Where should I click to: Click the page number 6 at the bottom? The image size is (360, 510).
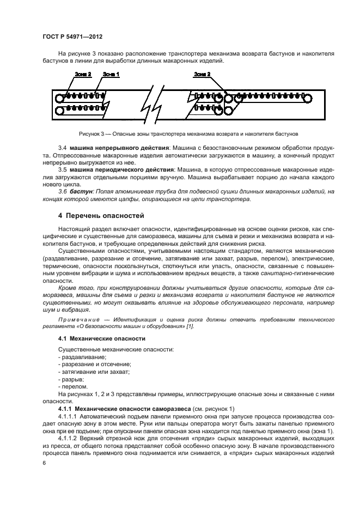(44, 462)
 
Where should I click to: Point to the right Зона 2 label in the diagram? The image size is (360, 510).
(202, 74)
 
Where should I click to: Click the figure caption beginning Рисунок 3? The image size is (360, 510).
(180, 133)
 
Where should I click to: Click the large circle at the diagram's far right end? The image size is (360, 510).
(308, 99)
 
